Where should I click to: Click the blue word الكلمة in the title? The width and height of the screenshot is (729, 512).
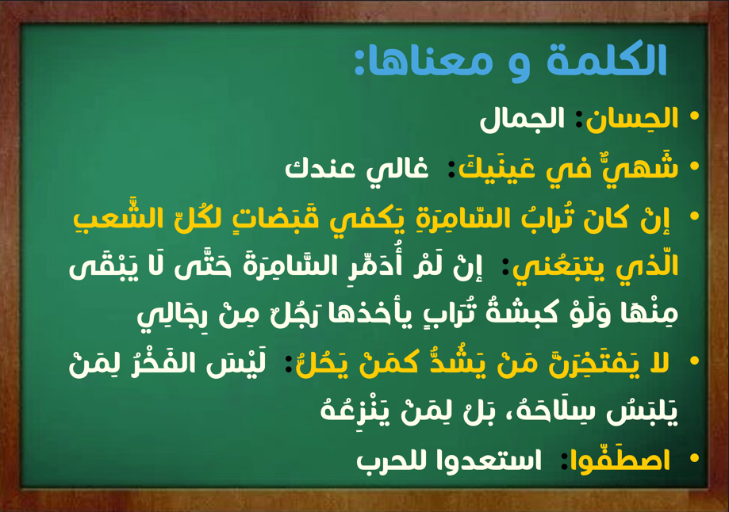coord(607,59)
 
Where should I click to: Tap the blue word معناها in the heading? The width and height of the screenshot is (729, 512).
coord(423,61)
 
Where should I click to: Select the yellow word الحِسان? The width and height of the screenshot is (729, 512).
coord(631,118)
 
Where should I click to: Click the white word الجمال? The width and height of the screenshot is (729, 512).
coord(522,120)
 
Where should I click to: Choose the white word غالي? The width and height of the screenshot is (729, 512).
coord(397,169)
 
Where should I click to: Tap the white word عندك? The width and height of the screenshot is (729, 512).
coord(320,168)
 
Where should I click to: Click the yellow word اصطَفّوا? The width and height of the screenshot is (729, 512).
coord(620,460)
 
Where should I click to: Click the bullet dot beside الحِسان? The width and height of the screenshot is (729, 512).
coord(695,117)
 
